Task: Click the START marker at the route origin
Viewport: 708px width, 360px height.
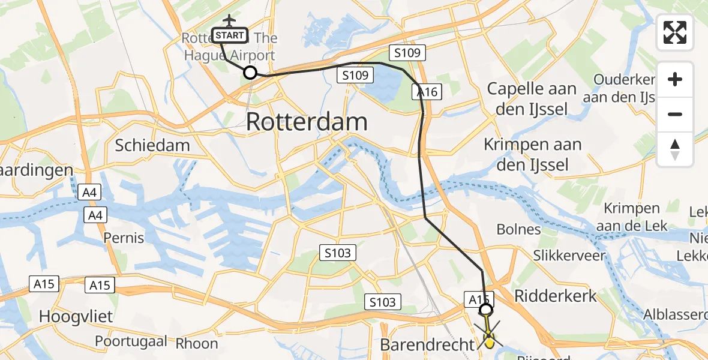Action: (229, 35)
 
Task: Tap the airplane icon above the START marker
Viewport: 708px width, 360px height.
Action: (229, 20)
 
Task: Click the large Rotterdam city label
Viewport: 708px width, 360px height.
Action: (307, 122)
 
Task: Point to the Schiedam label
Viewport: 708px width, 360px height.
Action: (152, 145)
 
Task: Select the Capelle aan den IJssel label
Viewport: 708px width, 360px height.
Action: (532, 99)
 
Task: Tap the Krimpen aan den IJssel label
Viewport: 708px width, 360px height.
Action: (533, 154)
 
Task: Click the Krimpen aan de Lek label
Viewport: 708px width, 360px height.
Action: (632, 217)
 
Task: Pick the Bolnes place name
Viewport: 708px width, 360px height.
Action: (519, 229)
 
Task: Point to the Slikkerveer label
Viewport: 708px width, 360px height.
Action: (569, 256)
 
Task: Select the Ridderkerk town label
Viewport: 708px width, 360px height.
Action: (556, 295)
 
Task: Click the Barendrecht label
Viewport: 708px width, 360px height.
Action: (427, 345)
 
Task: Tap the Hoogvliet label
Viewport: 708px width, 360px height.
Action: (76, 316)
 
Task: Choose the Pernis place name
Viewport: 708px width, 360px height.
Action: (124, 238)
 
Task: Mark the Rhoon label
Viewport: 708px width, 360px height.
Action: (197, 344)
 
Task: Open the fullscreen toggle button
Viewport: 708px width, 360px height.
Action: (675, 32)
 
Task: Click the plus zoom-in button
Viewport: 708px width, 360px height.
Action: (675, 79)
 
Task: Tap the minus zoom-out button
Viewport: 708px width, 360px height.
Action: (675, 114)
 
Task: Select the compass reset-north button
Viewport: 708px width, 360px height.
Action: (675, 149)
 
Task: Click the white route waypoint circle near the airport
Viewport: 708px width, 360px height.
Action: (250, 73)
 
